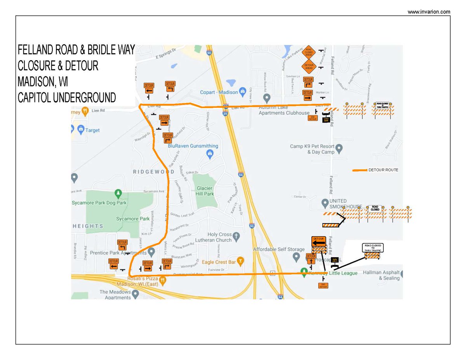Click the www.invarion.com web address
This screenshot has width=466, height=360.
click(x=429, y=12)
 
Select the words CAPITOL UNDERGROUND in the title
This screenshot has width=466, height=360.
click(x=67, y=97)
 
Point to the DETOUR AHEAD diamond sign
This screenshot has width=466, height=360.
click(x=309, y=67)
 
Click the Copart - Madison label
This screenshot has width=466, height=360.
click(x=218, y=92)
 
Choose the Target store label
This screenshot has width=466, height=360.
click(x=92, y=130)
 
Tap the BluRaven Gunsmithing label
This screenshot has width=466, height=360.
click(x=193, y=146)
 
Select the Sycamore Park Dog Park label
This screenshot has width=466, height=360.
click(x=99, y=203)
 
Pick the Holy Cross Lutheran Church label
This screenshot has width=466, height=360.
click(x=214, y=237)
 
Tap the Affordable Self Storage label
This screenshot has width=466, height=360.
click(x=278, y=249)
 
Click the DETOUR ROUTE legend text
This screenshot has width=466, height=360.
click(x=383, y=170)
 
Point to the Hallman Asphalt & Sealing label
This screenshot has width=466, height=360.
click(x=381, y=275)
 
